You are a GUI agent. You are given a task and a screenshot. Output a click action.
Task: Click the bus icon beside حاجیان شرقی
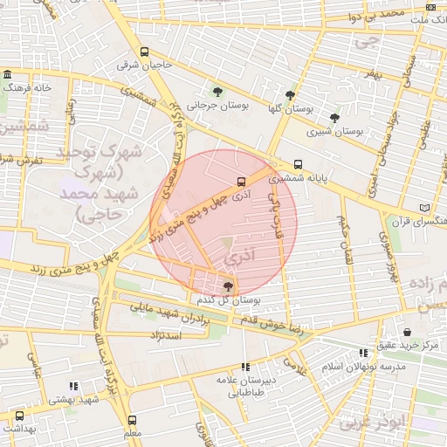click(x=144, y=52)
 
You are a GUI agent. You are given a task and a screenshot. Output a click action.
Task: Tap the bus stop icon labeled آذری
click(x=240, y=182)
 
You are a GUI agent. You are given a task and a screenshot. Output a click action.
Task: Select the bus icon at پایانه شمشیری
click(x=299, y=163)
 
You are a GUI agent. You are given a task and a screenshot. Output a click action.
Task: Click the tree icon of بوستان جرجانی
click(x=217, y=91)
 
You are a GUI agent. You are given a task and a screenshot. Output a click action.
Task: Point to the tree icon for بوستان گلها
click(x=290, y=95)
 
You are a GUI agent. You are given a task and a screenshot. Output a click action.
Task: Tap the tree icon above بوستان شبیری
click(x=334, y=119)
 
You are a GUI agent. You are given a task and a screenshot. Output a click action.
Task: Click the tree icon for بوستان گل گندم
click(x=229, y=285)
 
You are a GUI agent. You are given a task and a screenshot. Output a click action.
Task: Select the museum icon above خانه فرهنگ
click(x=8, y=74)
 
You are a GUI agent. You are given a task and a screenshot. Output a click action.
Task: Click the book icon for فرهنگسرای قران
click(x=424, y=208)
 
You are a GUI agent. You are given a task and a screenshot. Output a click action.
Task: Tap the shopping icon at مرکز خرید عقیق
click(x=408, y=332)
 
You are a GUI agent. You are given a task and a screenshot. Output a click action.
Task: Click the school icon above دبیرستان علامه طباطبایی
click(x=245, y=367)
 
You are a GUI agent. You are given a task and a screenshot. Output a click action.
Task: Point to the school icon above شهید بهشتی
click(x=73, y=385)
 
